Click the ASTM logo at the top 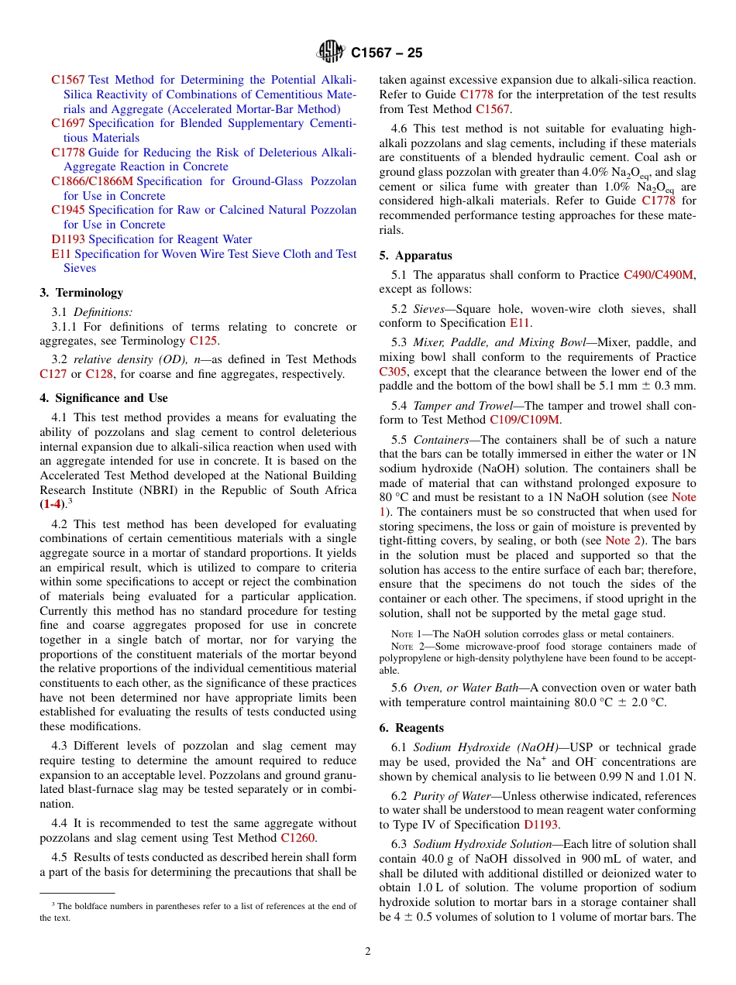pos(332,53)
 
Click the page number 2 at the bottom pos(368,951)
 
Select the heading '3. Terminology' pos(81,293)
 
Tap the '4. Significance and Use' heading pos(104,398)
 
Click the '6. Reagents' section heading pos(411,728)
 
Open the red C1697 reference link pos(68,123)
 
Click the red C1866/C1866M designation pos(92,181)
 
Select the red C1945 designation pos(68,210)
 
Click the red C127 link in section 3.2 pos(53,374)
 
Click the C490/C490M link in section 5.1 pos(659,275)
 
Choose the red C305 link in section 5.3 pos(393,371)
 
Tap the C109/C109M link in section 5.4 pos(524,420)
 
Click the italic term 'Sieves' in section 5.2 pos(428,308)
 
